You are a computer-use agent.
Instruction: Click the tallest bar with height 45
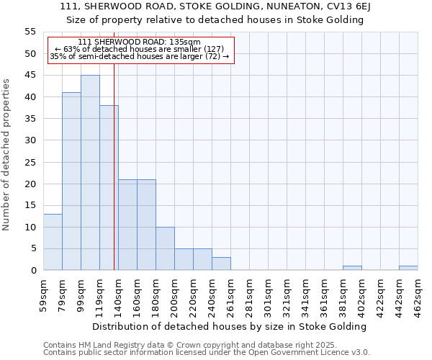point(90,173)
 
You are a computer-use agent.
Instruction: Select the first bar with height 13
point(53,242)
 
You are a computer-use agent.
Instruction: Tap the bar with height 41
point(71,181)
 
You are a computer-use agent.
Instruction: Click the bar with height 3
point(221,264)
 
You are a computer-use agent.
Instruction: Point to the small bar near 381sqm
point(352,268)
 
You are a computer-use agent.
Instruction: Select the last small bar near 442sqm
point(408,268)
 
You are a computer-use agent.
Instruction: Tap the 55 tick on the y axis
point(30,32)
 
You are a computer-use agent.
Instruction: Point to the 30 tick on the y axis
point(30,140)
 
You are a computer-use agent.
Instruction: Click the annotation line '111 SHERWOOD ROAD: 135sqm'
point(139,42)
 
